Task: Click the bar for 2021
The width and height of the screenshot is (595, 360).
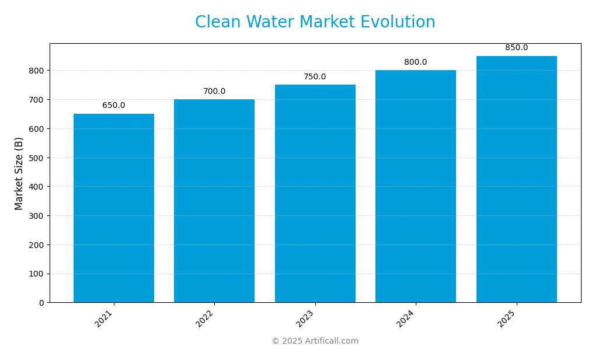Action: pyautogui.click(x=114, y=208)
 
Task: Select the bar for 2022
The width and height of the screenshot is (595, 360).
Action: pyautogui.click(x=214, y=201)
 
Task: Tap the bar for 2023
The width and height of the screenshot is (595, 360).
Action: pyautogui.click(x=315, y=193)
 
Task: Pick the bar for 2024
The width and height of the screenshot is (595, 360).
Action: pyautogui.click(x=416, y=186)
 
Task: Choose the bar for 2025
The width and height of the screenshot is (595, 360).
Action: pyautogui.click(x=516, y=179)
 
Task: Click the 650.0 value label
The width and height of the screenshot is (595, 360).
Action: pyautogui.click(x=114, y=106)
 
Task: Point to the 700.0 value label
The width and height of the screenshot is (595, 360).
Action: pyautogui.click(x=214, y=92)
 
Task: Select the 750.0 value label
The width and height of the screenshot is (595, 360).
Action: pyautogui.click(x=315, y=77)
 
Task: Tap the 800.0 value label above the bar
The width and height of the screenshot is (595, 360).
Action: pyautogui.click(x=416, y=62)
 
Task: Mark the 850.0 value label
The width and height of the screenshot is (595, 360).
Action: pyautogui.click(x=516, y=48)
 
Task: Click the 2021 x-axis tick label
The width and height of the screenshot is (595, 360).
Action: pyautogui.click(x=104, y=319)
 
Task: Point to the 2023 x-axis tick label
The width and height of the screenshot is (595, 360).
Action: pyautogui.click(x=305, y=319)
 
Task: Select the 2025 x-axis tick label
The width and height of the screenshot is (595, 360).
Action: pyautogui.click(x=506, y=319)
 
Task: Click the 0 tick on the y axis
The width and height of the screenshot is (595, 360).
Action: pyautogui.click(x=41, y=303)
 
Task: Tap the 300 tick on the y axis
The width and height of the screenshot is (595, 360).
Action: pyautogui.click(x=37, y=216)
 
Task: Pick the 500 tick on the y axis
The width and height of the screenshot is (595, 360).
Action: pyautogui.click(x=37, y=158)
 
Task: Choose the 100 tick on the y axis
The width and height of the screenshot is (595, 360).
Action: pyautogui.click(x=37, y=274)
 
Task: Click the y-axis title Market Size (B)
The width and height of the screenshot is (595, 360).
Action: pyautogui.click(x=19, y=173)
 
